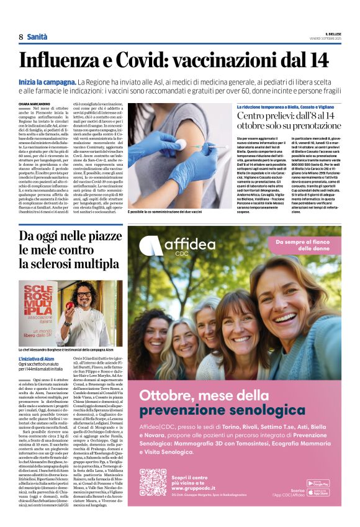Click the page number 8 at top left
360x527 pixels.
20,37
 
